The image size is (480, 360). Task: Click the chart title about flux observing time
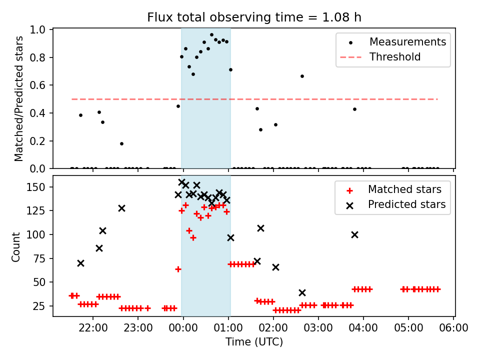[254, 17]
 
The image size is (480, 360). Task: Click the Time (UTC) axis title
[254, 342]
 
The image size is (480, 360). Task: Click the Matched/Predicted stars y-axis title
[19, 98]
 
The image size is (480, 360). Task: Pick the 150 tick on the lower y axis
[37, 187]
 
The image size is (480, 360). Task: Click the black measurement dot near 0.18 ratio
[121, 143]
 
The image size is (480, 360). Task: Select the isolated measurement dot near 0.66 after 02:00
[302, 76]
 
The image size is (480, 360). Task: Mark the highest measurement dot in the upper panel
[211, 34]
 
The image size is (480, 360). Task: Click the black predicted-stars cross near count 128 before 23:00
[121, 208]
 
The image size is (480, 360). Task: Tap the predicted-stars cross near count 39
[302, 292]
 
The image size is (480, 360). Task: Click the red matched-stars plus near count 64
[178, 269]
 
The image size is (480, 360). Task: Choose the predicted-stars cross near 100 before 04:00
[354, 234]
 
